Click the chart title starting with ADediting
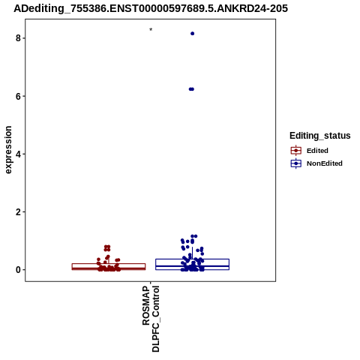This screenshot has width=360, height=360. tap(151, 8)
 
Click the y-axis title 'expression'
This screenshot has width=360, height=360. tap(8, 150)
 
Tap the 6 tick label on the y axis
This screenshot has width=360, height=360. tap(18, 96)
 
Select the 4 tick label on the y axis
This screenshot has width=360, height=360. tap(18, 154)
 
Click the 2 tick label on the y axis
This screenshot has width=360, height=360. tap(18, 212)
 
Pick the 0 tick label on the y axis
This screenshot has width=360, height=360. tap(18, 270)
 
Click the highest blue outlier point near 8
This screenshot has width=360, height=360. tap(192, 34)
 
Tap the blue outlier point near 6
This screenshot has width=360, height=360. tap(191, 89)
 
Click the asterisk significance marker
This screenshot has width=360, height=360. tap(151, 29)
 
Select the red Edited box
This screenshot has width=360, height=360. tap(109, 266)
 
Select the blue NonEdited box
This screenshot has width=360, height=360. tap(192, 264)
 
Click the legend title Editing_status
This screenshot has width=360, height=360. tap(320, 136)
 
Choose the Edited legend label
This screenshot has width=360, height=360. tap(317, 151)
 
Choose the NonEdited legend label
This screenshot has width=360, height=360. tap(325, 163)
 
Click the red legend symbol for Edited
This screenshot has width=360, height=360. tap(296, 151)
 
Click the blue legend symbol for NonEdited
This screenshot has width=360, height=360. tap(296, 163)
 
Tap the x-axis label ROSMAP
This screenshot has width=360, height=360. tap(146, 306)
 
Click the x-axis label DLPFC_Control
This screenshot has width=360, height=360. tap(155, 319)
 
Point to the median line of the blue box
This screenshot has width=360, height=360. tap(192, 266)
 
